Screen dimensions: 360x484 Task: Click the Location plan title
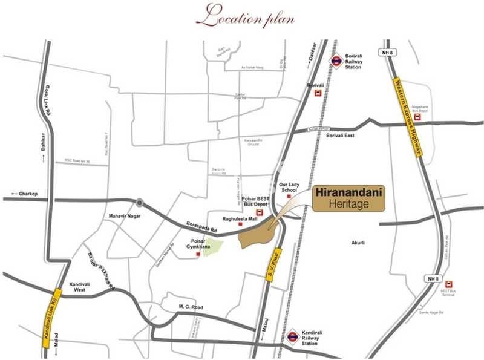249,16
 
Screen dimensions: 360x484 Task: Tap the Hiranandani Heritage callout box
349,199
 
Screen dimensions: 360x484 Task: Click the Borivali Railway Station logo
336,61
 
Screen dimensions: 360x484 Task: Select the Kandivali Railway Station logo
293,336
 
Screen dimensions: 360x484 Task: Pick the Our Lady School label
290,187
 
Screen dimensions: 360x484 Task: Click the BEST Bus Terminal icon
448,284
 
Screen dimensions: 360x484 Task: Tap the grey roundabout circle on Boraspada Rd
140,203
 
